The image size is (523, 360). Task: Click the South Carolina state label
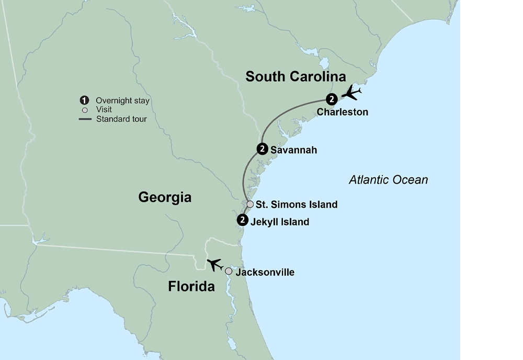295,77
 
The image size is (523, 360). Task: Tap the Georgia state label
165,197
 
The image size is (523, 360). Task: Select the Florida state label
191,287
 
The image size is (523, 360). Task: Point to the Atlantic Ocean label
388,180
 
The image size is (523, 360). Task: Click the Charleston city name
343,112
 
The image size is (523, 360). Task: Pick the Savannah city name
293,150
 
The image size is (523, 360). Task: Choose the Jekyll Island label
280,222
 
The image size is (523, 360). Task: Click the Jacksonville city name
265,272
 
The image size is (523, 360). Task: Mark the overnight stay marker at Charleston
331,99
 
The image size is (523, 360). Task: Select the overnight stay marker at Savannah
262,149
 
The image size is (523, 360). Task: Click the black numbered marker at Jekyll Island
242,220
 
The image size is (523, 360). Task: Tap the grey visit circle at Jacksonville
229,271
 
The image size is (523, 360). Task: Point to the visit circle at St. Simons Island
250,204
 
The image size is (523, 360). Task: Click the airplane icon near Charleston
351,94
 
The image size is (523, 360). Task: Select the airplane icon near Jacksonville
215,264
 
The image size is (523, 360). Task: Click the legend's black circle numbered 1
84,100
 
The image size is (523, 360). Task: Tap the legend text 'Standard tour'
121,119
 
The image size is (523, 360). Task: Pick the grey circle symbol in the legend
84,110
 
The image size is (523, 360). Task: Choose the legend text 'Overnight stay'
122,101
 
